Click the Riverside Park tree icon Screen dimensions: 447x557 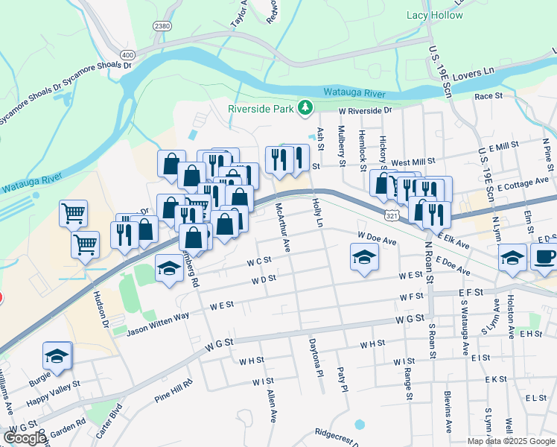point(304,108)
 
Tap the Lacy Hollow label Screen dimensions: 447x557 point(434,15)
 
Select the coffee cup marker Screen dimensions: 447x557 point(544,257)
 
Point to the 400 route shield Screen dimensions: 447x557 point(127,55)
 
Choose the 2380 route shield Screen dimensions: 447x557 point(162,26)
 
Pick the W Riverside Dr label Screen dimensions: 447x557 point(365,110)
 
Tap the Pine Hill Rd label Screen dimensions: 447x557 point(174,392)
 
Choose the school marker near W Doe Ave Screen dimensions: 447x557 point(364,258)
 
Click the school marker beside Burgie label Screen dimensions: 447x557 point(57,356)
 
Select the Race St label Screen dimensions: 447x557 point(488,96)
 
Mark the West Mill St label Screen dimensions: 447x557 point(413,162)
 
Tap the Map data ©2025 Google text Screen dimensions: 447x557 point(511,441)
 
